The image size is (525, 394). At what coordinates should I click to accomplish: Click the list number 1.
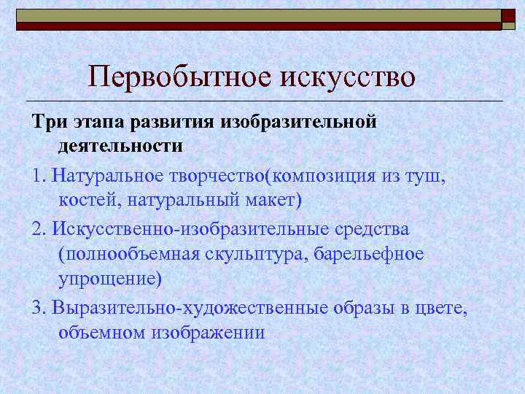click(x=37, y=176)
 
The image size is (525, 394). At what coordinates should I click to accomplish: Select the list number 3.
click(x=38, y=306)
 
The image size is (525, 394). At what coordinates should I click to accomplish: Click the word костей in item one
click(x=82, y=200)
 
